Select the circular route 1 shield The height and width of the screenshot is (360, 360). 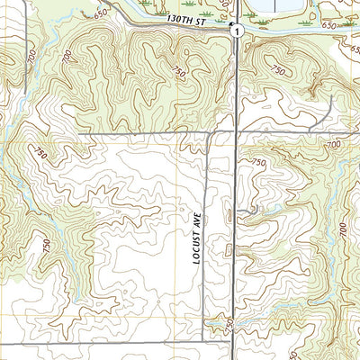pyautogui.click(x=235, y=31)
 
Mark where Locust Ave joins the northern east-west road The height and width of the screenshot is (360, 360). pyautogui.click(x=209, y=134)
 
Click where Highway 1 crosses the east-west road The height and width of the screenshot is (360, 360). pyautogui.click(x=236, y=133)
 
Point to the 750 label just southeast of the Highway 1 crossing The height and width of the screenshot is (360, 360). pyautogui.click(x=259, y=162)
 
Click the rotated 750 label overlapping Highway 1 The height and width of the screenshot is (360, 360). pyautogui.click(x=231, y=322)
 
